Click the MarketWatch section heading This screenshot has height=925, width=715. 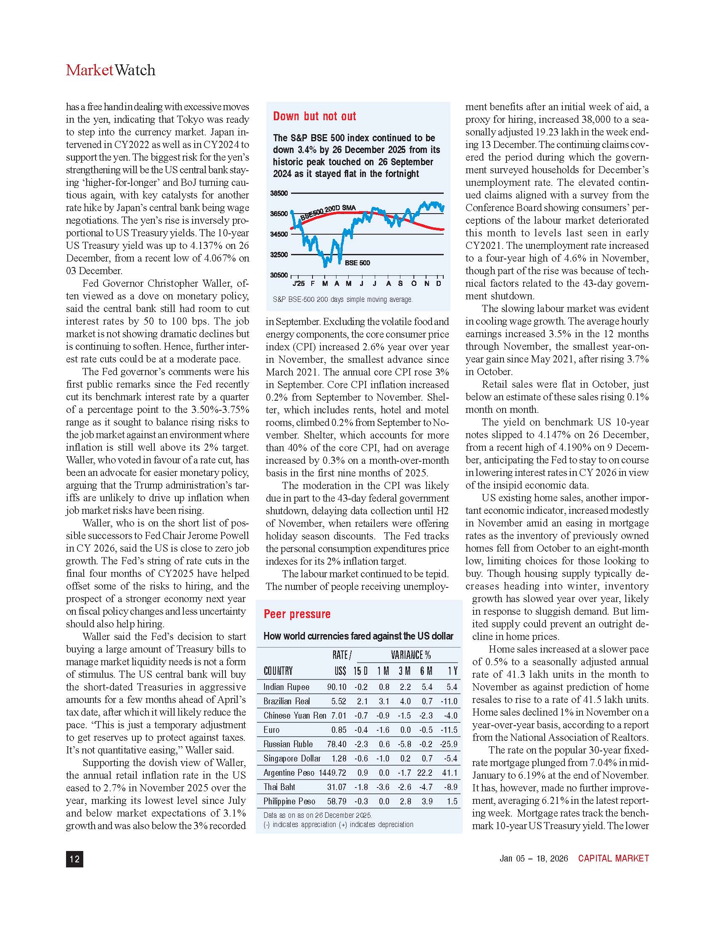pyautogui.click(x=111, y=70)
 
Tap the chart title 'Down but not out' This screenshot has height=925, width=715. pyautogui.click(x=314, y=116)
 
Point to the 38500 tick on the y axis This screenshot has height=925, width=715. pyautogui.click(x=279, y=193)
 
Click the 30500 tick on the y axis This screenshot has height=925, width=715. pyautogui.click(x=279, y=275)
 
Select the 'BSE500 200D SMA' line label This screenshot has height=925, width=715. pyautogui.click(x=328, y=212)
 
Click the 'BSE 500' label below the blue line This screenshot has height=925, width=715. pyautogui.click(x=357, y=263)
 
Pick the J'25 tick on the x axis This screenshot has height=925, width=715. pyautogui.click(x=298, y=283)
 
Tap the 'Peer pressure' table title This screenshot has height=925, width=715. pyautogui.click(x=297, y=614)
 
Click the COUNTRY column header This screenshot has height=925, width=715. pyautogui.click(x=278, y=671)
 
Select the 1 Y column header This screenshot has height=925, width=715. pyautogui.click(x=453, y=671)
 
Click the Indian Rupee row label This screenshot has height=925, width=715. pyautogui.click(x=286, y=687)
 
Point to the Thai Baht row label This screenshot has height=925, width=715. pyautogui.click(x=279, y=787)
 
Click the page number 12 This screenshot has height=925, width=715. pyautogui.click(x=74, y=859)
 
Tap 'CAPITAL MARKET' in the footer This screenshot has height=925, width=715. pyautogui.click(x=613, y=858)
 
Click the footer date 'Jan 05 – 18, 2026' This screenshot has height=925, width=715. pyautogui.click(x=534, y=858)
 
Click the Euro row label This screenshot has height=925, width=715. pyautogui.click(x=272, y=730)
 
